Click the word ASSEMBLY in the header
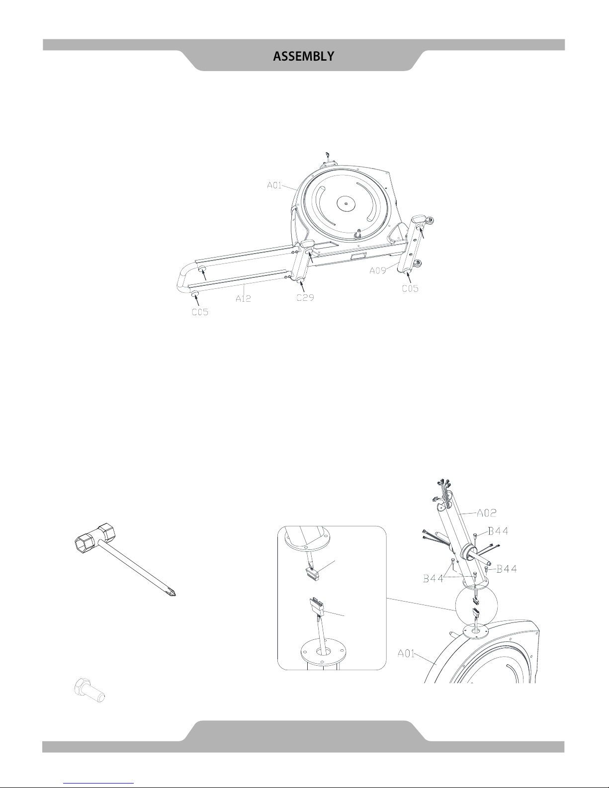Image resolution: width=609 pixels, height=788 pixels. pos(303,56)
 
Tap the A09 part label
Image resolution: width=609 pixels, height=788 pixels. pos(378,270)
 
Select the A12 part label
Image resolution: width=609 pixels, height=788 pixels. pos(243,298)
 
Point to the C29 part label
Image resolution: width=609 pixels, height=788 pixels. pos(305,297)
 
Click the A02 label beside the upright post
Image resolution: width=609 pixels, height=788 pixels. pos(487,513)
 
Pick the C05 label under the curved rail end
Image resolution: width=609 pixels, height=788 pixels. pos(200,312)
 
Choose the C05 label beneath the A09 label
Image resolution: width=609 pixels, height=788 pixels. pos(410,288)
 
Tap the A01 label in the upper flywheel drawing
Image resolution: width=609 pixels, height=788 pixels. pos(274,185)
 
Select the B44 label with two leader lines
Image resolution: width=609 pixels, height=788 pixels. pos(434,578)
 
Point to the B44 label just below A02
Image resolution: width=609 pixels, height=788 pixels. pos(498,531)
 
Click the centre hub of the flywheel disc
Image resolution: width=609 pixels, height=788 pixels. pos(347,204)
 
